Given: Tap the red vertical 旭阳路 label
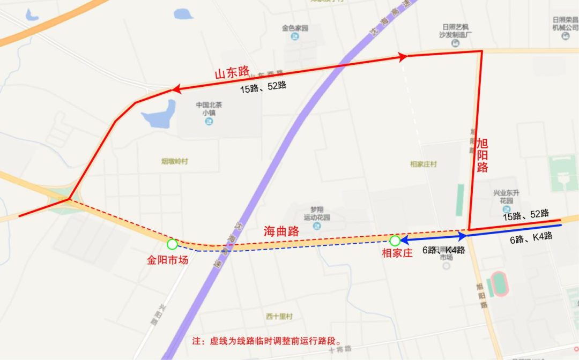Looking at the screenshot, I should (482, 155).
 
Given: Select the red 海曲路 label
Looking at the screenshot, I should (281, 231).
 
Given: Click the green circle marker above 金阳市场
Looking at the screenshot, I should (172, 244).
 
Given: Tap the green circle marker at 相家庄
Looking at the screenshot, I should (395, 241).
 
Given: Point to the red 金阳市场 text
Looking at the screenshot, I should (168, 261).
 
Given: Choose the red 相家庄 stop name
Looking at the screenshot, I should (397, 253).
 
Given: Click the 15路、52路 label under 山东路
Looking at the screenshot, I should (263, 86).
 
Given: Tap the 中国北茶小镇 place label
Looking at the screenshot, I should (209, 109).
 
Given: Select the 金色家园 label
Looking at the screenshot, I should (295, 28).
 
